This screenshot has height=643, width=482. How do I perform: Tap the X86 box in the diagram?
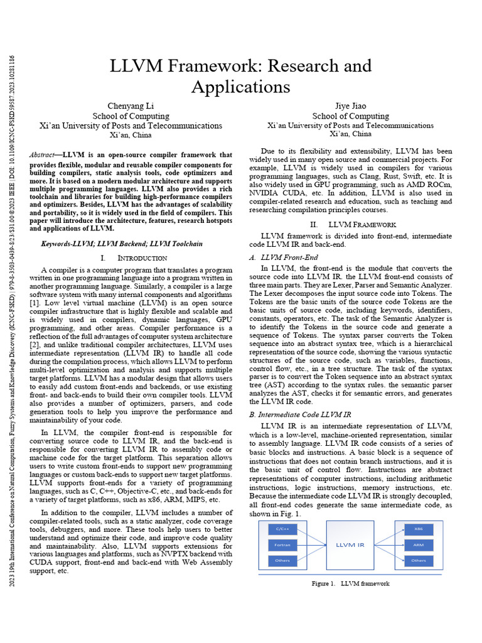pyautogui.click(x=419, y=529)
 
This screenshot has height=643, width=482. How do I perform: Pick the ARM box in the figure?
pyautogui.click(x=419, y=544)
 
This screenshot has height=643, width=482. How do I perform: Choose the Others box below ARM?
pyautogui.click(x=419, y=560)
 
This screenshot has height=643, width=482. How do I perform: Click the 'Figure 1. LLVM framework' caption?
pyautogui.click(x=351, y=584)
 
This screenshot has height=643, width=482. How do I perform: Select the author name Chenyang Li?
pyautogui.click(x=131, y=105)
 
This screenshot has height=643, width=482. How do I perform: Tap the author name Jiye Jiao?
pyautogui.click(x=351, y=105)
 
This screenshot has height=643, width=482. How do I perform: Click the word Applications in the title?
pyautogui.click(x=240, y=86)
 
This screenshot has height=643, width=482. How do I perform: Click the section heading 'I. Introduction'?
pyautogui.click(x=134, y=258)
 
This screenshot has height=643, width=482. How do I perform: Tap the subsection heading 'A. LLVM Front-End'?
pyautogui.click(x=284, y=257)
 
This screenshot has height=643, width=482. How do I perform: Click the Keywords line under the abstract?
pyautogui.click(x=121, y=244)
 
